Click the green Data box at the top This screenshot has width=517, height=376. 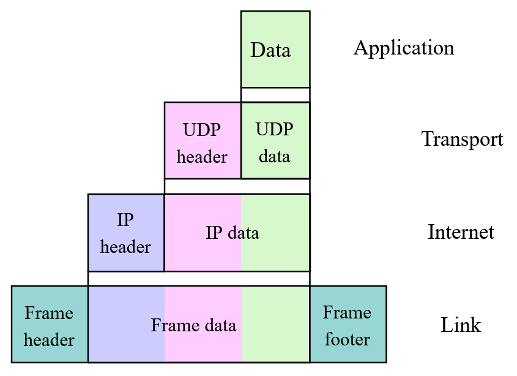[x=275, y=50]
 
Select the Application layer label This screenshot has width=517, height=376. [x=404, y=48]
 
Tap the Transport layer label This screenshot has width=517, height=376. [x=462, y=140]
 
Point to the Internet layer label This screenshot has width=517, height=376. [x=461, y=232]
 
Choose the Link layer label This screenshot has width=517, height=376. [x=461, y=325]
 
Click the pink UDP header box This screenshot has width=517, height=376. [x=202, y=141]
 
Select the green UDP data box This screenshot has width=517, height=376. [x=275, y=141]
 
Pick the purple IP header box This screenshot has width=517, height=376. [x=125, y=233]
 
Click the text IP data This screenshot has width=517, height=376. [x=232, y=233]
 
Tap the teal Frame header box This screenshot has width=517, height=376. [x=49, y=325]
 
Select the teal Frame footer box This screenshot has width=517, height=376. [x=348, y=325]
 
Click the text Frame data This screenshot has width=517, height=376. [x=193, y=325]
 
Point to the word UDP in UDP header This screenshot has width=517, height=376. [x=202, y=130]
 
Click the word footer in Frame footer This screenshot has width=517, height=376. [x=347, y=339]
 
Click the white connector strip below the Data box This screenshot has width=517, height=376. [x=275, y=95]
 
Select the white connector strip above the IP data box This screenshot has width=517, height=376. [x=237, y=186]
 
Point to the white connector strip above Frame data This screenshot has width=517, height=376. [x=199, y=279]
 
